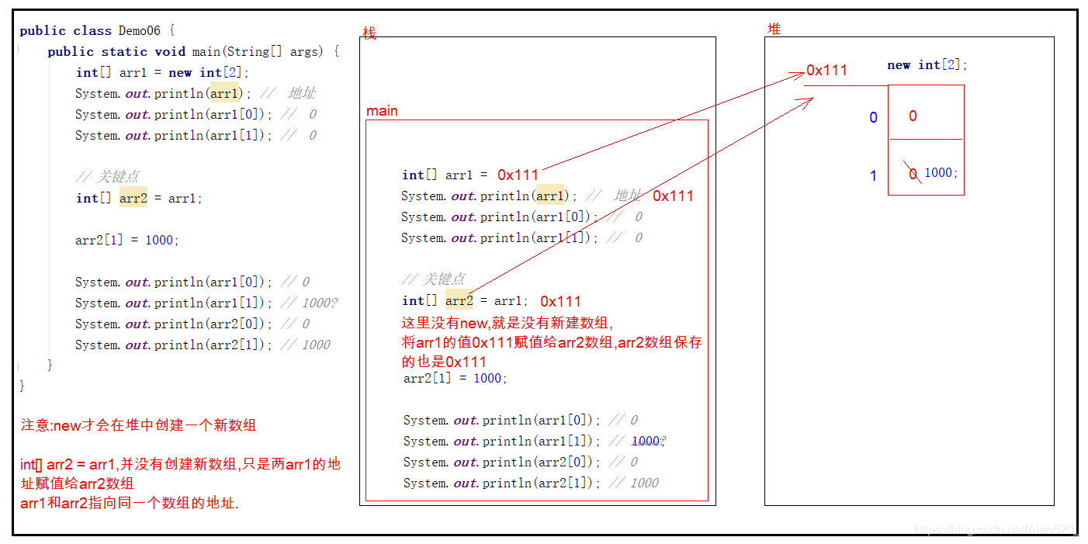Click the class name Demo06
pyautogui.click(x=140, y=30)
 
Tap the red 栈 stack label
pyautogui.click(x=369, y=33)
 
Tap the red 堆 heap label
pyautogui.click(x=774, y=29)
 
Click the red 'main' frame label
pyautogui.click(x=382, y=111)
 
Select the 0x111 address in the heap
pyautogui.click(x=826, y=71)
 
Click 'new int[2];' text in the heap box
pyautogui.click(x=927, y=65)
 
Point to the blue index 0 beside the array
pyautogui.click(x=873, y=117)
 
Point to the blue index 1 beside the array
pyautogui.click(x=873, y=175)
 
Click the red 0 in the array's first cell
pyautogui.click(x=913, y=116)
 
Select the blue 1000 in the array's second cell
pyautogui.click(x=938, y=172)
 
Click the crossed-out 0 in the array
pyautogui.click(x=913, y=173)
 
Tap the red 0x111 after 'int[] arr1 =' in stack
pyautogui.click(x=518, y=175)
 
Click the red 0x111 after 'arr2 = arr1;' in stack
pyautogui.click(x=560, y=302)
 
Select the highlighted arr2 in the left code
pyautogui.click(x=133, y=198)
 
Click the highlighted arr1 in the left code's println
pyautogui.click(x=224, y=93)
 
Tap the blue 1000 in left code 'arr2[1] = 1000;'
pyautogui.click(x=159, y=240)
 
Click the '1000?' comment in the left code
pyautogui.click(x=320, y=303)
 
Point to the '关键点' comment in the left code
pyautogui.click(x=117, y=177)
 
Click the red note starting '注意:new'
pyautogui.click(x=138, y=425)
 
